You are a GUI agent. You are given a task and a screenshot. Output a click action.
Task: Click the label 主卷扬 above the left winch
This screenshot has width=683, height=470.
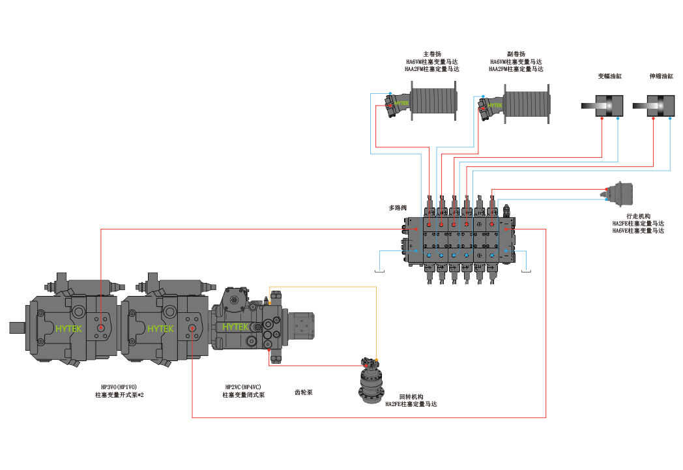(x=432, y=54)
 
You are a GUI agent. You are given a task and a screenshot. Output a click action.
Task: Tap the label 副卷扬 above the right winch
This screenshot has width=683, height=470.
(x=516, y=54)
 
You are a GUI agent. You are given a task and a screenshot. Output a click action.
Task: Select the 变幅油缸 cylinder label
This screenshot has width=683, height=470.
(x=610, y=76)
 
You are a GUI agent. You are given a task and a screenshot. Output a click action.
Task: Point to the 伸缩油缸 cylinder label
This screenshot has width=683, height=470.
(x=661, y=76)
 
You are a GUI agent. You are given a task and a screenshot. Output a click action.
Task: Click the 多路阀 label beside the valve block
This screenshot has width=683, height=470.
(x=398, y=208)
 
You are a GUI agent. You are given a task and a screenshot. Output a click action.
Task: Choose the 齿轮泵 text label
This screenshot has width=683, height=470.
(x=304, y=392)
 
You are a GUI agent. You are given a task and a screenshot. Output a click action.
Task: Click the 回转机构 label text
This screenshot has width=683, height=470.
(x=411, y=397)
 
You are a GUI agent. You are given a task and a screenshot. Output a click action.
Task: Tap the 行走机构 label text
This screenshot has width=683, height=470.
(x=638, y=216)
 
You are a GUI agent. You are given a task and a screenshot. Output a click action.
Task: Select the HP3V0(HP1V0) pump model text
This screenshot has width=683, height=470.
(x=119, y=387)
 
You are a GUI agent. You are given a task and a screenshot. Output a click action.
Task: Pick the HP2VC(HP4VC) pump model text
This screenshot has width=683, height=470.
(x=243, y=387)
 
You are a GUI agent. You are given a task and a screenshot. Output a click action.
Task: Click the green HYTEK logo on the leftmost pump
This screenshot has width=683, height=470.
(x=68, y=329)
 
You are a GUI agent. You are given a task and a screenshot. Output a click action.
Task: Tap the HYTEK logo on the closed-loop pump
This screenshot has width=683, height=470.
(x=236, y=327)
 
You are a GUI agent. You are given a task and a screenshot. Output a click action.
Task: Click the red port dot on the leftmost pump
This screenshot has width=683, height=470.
(x=100, y=327)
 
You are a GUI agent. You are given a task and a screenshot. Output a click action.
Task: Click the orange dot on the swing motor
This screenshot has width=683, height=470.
(x=376, y=360)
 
